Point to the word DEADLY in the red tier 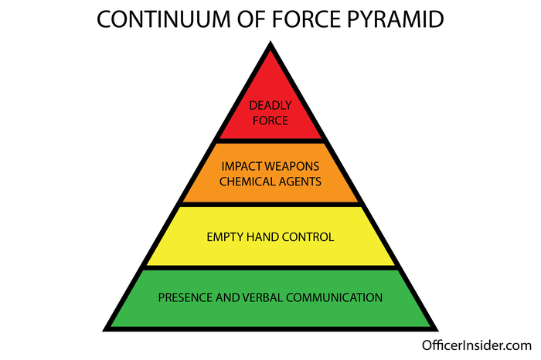click(x=269, y=107)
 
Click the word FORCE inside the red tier click(x=269, y=121)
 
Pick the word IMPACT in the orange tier click(x=241, y=166)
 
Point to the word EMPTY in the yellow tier click(x=223, y=237)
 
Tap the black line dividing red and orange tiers click(x=269, y=141)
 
